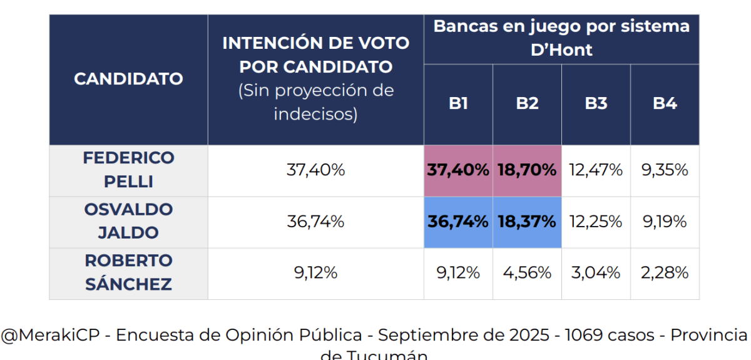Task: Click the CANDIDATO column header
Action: click(x=128, y=79)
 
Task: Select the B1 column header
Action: click(x=458, y=104)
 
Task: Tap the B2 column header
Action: click(x=527, y=104)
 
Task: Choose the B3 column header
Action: click(x=596, y=104)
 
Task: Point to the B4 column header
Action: click(x=665, y=104)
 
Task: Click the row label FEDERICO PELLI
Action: click(x=128, y=170)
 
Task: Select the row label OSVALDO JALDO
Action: click(x=128, y=221)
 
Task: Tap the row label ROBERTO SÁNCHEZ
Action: click(x=128, y=272)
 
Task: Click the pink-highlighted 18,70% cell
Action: click(x=527, y=170)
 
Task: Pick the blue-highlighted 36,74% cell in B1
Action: click(x=458, y=222)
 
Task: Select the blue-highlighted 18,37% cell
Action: click(x=527, y=222)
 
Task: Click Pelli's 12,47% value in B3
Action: click(x=596, y=170)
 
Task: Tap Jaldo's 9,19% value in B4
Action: click(x=665, y=222)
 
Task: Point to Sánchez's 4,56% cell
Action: click(x=527, y=273)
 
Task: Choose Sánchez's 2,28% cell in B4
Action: click(x=665, y=273)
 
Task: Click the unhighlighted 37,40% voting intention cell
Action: click(x=315, y=170)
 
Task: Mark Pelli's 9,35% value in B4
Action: click(x=665, y=170)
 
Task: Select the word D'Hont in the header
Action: click(x=561, y=49)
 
